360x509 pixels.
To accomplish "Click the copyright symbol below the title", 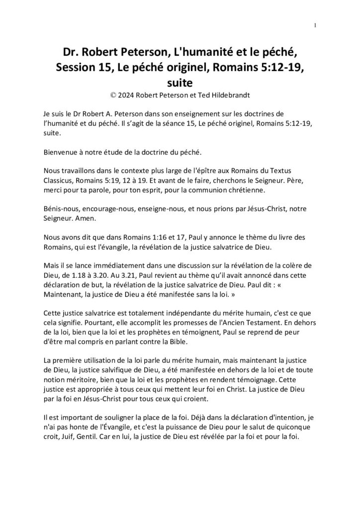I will click(117, 94).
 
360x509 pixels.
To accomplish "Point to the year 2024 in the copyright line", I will click(133, 94).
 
